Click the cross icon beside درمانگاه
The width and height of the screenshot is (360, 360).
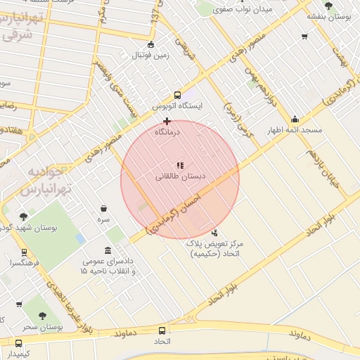pyautogui.click(x=167, y=121)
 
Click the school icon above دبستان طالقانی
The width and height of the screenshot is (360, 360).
pyautogui.click(x=181, y=165)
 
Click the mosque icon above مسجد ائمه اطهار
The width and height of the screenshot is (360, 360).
pyautogui.click(x=294, y=119)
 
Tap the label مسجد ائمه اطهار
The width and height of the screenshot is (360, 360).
pyautogui.click(x=295, y=131)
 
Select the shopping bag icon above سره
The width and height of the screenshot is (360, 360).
pyautogui.click(x=104, y=209)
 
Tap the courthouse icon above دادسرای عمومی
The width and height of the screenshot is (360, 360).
pyautogui.click(x=107, y=251)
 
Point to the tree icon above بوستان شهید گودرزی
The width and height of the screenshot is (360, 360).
pyautogui.click(x=24, y=217)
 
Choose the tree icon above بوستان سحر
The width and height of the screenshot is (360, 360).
pyautogui.click(x=42, y=316)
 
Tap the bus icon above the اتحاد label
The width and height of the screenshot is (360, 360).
pyautogui.click(x=162, y=330)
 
